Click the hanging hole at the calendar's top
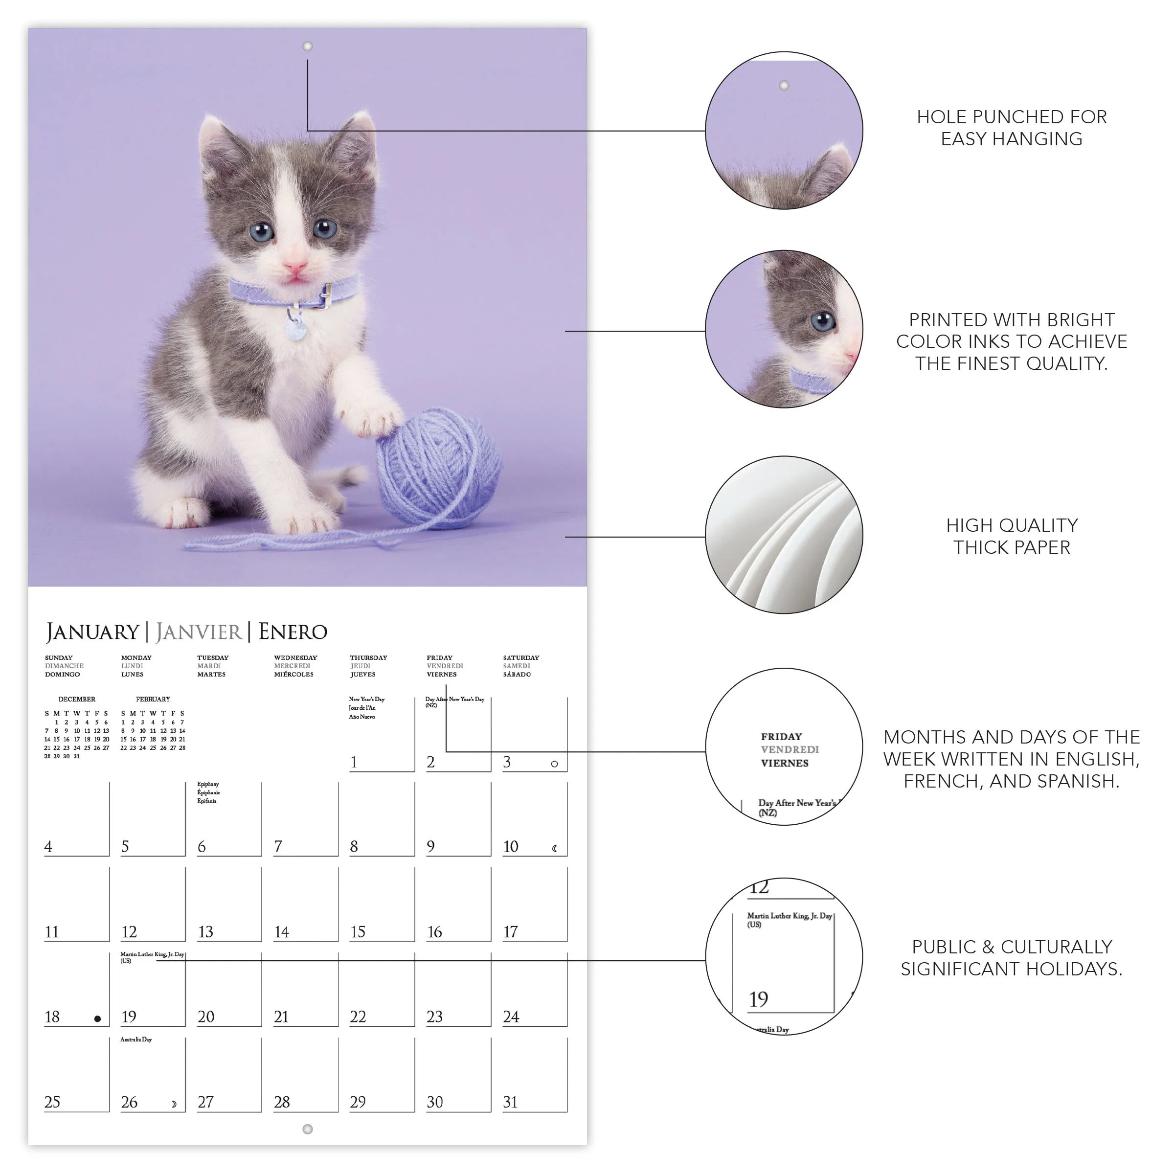tap(308, 46)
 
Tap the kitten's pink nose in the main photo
tap(296, 266)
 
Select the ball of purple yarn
tap(439, 468)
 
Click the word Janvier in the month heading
tap(199, 632)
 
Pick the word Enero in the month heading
tap(293, 632)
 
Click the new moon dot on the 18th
tap(97, 1019)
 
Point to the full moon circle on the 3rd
tap(554, 764)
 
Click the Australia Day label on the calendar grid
tap(136, 1039)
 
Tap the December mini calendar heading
tap(77, 700)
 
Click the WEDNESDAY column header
tap(295, 657)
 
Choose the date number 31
tap(510, 1102)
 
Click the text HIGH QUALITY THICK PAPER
tap(1011, 536)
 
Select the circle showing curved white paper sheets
tap(784, 535)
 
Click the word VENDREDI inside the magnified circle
tap(790, 750)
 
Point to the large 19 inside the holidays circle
tap(758, 999)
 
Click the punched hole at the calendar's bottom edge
tap(308, 1129)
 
